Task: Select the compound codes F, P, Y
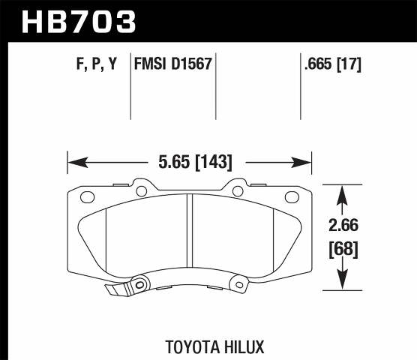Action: [x=97, y=65]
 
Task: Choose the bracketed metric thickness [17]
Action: [x=349, y=65]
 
